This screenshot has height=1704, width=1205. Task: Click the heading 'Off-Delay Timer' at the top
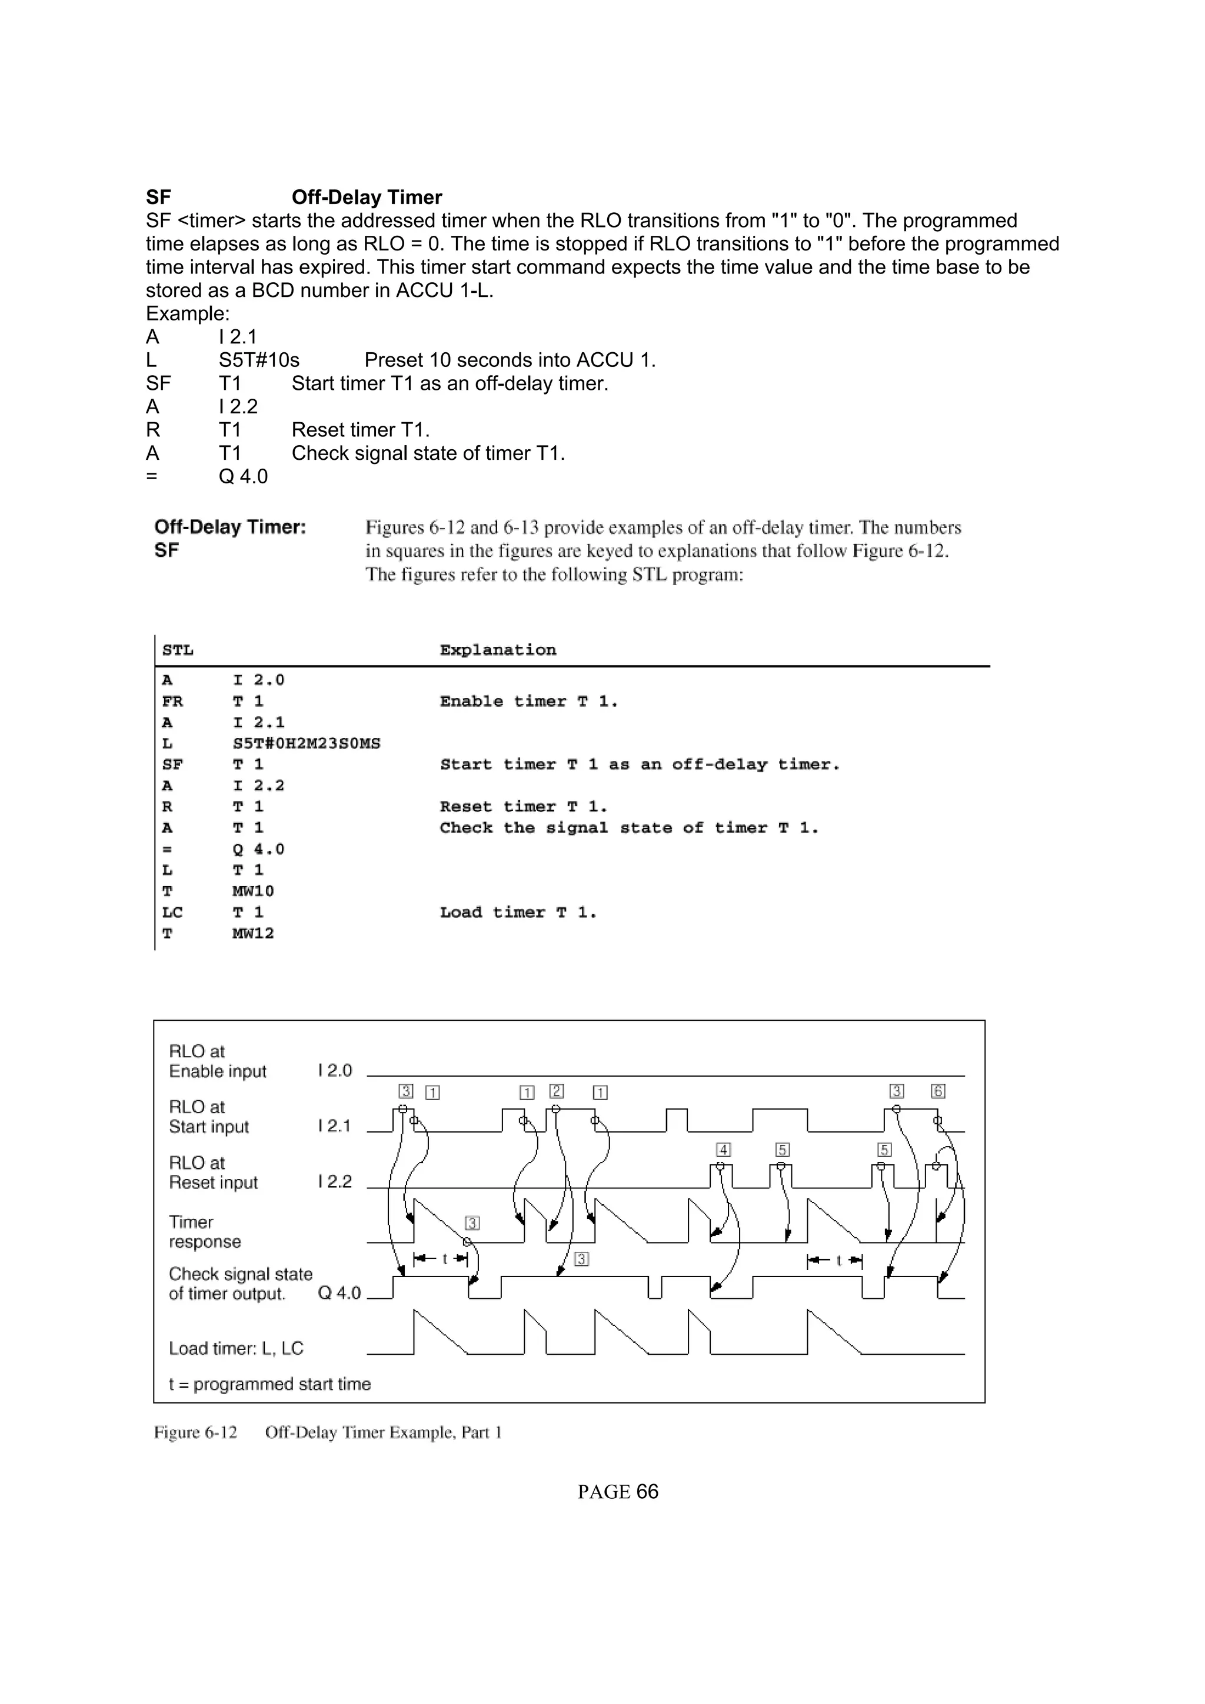(366, 198)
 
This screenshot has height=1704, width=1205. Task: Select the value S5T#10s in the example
(258, 360)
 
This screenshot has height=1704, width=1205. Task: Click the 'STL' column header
(178, 651)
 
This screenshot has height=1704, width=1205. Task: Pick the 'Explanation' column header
(497, 651)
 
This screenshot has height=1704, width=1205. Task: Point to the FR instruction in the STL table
(172, 701)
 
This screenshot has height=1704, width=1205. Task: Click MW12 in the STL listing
(252, 934)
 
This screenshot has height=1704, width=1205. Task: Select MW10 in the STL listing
(252, 891)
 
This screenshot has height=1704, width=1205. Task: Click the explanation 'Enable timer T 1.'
(528, 701)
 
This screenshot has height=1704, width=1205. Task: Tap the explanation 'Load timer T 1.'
(518, 913)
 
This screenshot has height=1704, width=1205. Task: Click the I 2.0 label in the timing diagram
(334, 1071)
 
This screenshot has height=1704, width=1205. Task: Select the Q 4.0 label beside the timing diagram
(339, 1294)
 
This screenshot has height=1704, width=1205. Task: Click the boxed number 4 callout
(723, 1150)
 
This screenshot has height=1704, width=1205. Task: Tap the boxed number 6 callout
(938, 1091)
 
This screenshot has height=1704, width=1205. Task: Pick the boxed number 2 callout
(556, 1091)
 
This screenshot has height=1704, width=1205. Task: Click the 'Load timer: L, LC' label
(236, 1348)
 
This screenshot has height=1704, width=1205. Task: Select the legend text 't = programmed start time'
(269, 1384)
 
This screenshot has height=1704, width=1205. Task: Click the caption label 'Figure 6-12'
(195, 1432)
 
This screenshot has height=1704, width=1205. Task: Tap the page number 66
(647, 1492)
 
